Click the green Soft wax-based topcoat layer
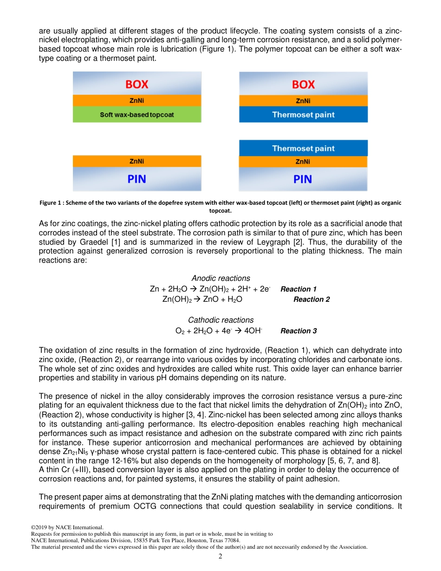pyautogui.click(x=137, y=115)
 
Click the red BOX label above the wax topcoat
pyautogui.click(x=137, y=84)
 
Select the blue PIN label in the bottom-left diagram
pyautogui.click(x=137, y=179)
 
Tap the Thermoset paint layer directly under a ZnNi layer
pyautogui.click(x=303, y=115)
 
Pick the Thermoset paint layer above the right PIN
pyautogui.click(x=303, y=149)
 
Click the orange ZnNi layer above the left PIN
pyautogui.click(x=137, y=162)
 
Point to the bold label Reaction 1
pyautogui.click(x=298, y=289)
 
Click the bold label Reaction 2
pyautogui.click(x=311, y=299)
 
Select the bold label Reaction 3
pyautogui.click(x=298, y=331)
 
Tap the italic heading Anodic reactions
pyautogui.click(x=220, y=279)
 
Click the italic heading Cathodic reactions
pyautogui.click(x=220, y=320)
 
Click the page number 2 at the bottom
pyautogui.click(x=220, y=557)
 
